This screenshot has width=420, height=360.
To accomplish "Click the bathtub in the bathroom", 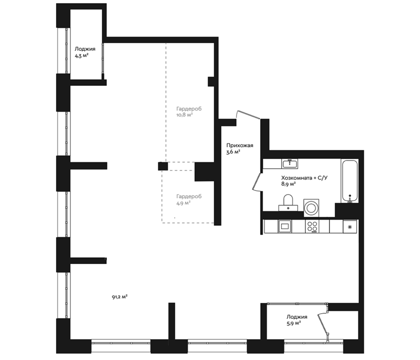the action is [349, 181].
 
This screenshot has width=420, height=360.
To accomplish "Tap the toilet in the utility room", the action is [288, 203].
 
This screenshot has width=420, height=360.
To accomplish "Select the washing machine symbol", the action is [311, 208].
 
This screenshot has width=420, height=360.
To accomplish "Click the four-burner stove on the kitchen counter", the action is [312, 226].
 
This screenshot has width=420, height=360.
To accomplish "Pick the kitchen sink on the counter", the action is [285, 226].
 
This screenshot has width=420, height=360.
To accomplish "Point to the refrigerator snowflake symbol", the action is [350, 227].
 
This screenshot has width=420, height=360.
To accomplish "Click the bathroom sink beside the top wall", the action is [289, 164].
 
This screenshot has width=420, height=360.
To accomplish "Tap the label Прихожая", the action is [240, 146].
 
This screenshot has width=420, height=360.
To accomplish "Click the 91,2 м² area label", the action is [119, 297].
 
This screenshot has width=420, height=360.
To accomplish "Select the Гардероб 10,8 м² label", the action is [189, 112].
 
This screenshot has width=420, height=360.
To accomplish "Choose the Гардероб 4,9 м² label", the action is [189, 200].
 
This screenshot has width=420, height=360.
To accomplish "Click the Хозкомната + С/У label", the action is [304, 178].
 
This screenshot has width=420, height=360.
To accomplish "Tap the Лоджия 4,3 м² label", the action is [85, 52].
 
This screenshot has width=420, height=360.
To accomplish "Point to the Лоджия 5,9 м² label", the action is [297, 320].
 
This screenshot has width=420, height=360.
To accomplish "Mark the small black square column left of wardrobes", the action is [163, 166].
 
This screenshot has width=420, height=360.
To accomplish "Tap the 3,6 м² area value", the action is [233, 152].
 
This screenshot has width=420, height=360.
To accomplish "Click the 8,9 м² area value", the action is [288, 184].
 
